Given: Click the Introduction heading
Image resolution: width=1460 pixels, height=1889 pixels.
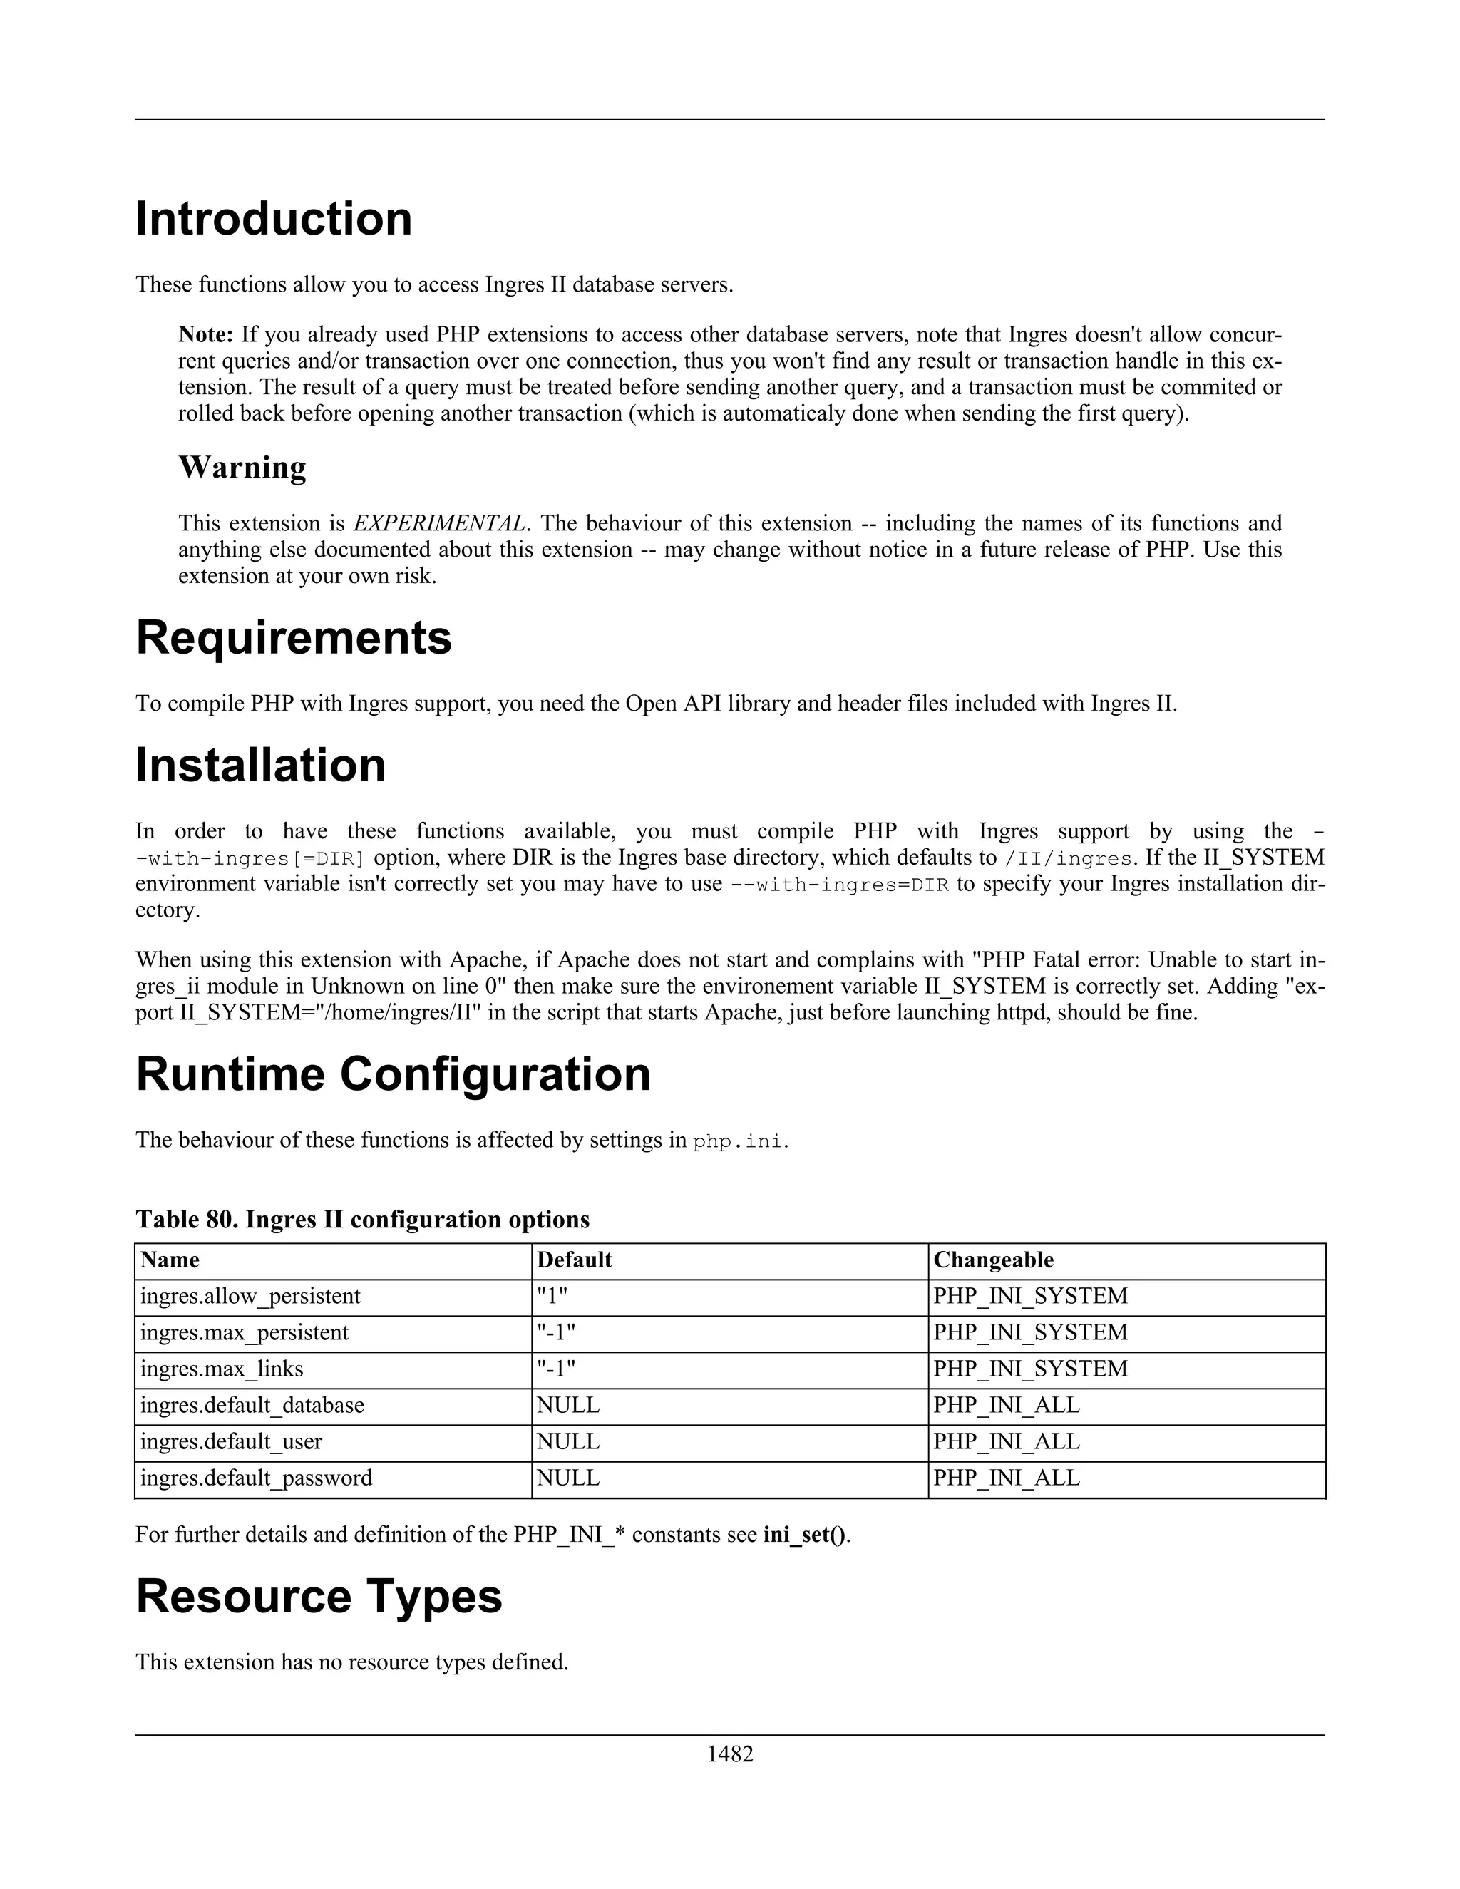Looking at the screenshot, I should click(273, 219).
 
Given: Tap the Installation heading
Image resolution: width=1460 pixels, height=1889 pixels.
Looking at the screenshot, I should click(260, 766).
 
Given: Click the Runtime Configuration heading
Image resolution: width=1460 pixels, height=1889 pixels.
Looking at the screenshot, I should click(393, 1074).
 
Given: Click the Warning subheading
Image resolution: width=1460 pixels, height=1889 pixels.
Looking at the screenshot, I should click(242, 468).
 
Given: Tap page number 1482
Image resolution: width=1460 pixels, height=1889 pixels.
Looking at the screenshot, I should click(730, 1754).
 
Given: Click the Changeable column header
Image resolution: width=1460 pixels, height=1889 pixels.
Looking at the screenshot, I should click(993, 1260).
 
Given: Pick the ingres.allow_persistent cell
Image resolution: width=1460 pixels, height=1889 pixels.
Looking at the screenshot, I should click(250, 1297).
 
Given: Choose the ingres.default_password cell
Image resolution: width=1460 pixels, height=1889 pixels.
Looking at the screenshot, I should click(256, 1478).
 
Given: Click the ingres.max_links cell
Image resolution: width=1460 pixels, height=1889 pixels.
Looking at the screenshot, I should click(222, 1369).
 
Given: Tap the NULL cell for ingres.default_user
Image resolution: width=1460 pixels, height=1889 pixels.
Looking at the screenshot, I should click(567, 1442).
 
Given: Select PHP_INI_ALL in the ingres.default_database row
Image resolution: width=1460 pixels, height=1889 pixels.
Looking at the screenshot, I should click(1006, 1406).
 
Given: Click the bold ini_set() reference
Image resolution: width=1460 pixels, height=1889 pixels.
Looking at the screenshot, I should click(804, 1535).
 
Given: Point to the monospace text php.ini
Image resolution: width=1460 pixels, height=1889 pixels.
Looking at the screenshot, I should click(739, 1141).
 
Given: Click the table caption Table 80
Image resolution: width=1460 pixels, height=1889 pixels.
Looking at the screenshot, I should click(361, 1220).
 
